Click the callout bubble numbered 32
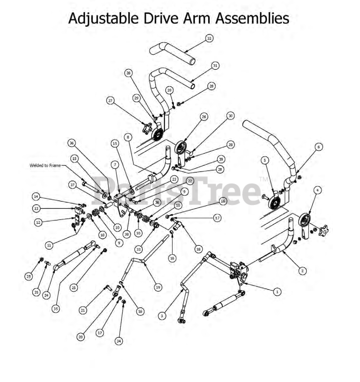pyautogui.click(x=209, y=38)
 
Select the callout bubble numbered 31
pyautogui.click(x=215, y=66)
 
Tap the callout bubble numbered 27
pyautogui.click(x=110, y=101)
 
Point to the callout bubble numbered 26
pyautogui.click(x=204, y=117)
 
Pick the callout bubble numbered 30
pyautogui.click(x=230, y=116)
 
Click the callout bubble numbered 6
pyautogui.click(x=318, y=147)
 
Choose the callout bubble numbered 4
pyautogui.click(x=318, y=190)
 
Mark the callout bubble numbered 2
pyautogui.click(x=302, y=271)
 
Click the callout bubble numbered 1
pyautogui.click(x=277, y=292)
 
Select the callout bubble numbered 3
pyautogui.click(x=162, y=316)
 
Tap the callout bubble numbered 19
pyautogui.click(x=158, y=287)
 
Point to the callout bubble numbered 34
pyautogui.click(x=119, y=341)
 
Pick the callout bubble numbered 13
pyautogui.click(x=37, y=209)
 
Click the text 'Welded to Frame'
pyautogui.click(x=45, y=165)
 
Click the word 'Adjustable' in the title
pyautogui.click(x=103, y=18)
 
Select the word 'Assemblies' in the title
pyautogui.click(x=253, y=18)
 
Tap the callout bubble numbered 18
pyautogui.click(x=198, y=249)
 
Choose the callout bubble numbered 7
pyautogui.click(x=115, y=164)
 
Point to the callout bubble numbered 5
pyautogui.click(x=264, y=160)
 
